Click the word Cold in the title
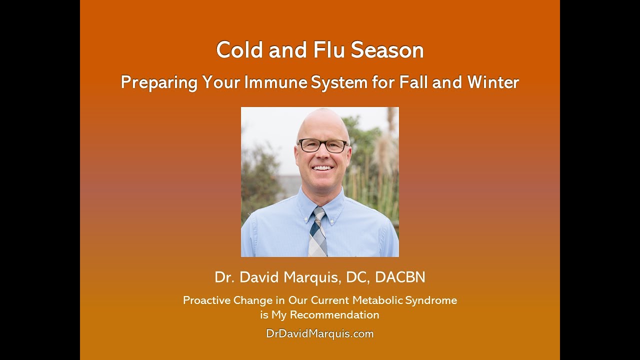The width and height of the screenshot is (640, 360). [239, 50]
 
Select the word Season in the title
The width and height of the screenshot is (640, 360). [387, 50]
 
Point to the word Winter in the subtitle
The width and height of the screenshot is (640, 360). [493, 82]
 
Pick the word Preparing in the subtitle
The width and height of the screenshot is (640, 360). [159, 83]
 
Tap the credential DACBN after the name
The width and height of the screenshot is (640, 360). [400, 277]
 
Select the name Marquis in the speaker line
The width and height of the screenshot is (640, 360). [313, 277]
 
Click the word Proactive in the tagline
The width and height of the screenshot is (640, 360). [206, 300]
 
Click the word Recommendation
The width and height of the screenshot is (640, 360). [334, 315]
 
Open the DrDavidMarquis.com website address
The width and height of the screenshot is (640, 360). [319, 333]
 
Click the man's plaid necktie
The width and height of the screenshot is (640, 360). [317, 231]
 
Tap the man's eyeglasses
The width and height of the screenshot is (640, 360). [323, 145]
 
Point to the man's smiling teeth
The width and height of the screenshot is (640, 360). [322, 168]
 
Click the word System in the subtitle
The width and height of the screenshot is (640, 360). [339, 83]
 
